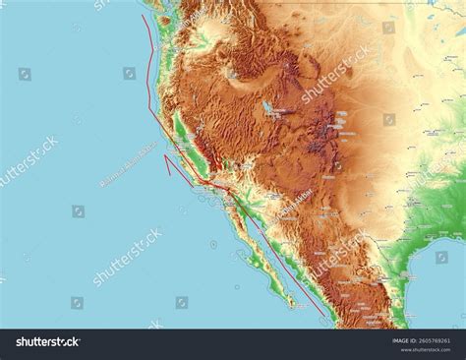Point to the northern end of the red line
(143, 15)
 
